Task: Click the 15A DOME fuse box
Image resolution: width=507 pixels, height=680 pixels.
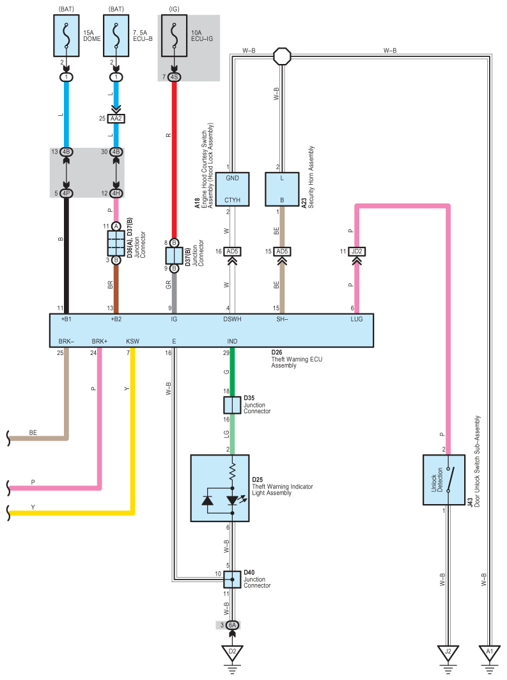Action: pyautogui.click(x=66, y=36)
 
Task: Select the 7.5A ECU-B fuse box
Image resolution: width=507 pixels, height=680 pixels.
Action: pyautogui.click(x=116, y=36)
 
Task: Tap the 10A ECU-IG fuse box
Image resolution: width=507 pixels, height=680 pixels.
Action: pyautogui.click(x=174, y=36)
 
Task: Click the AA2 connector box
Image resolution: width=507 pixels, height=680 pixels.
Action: pyautogui.click(x=116, y=118)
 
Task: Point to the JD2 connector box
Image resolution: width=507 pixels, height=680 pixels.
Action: pyautogui.click(x=357, y=251)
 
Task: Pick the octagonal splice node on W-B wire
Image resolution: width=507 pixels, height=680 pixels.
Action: pyautogui.click(x=282, y=56)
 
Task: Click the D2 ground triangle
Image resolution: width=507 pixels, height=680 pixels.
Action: pyautogui.click(x=232, y=652)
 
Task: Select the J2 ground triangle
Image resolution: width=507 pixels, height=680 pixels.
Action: pyautogui.click(x=448, y=652)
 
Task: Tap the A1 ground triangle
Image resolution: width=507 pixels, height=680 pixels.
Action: pyautogui.click(x=489, y=652)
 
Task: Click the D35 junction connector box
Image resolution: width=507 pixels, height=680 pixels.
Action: pyautogui.click(x=232, y=405)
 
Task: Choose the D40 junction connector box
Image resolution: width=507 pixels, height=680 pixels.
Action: pyautogui.click(x=232, y=580)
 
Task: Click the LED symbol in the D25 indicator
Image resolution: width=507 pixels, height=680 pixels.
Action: pyautogui.click(x=233, y=500)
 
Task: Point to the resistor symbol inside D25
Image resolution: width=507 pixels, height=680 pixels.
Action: pyautogui.click(x=233, y=471)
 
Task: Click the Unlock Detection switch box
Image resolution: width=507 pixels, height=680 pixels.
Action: pyautogui.click(x=444, y=480)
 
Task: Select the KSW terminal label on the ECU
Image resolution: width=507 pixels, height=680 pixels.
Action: pyautogui.click(x=132, y=342)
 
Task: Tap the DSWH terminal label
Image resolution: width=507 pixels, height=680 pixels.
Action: pyautogui.click(x=232, y=319)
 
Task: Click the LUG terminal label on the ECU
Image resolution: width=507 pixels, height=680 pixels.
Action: pyautogui.click(x=357, y=319)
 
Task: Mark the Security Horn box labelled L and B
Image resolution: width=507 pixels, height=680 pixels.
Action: pyautogui.click(x=282, y=189)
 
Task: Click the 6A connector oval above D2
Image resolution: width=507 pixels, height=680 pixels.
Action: pyautogui.click(x=232, y=625)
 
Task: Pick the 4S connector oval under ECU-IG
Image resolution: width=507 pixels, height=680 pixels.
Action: pyautogui.click(x=174, y=77)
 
